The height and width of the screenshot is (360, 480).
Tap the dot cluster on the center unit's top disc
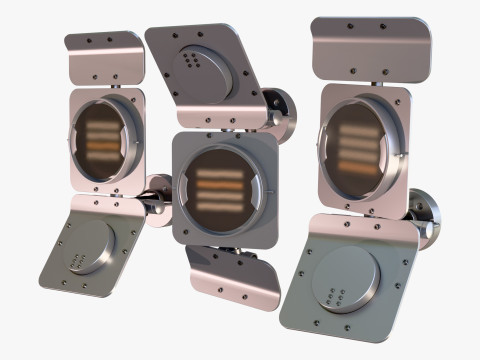(x=190, y=61)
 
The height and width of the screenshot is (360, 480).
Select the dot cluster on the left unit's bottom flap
(x=76, y=263)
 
